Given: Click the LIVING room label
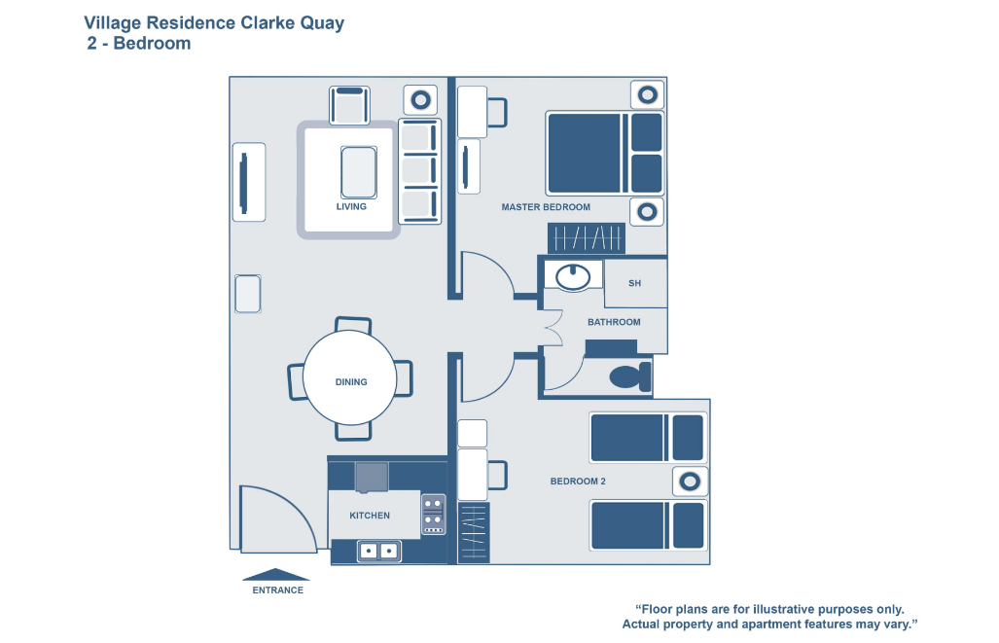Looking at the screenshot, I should point(351,206).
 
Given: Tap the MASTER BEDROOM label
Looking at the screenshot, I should point(546,207).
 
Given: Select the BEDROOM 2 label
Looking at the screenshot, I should point(578,482).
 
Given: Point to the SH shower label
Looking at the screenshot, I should point(635,283).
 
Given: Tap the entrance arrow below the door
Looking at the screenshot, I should point(275,574).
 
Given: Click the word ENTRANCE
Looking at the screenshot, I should point(277,590).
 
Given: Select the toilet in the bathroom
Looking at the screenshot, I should point(627,376).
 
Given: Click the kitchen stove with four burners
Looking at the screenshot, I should point(433,515).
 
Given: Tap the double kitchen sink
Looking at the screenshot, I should point(378,551).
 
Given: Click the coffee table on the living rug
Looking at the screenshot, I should point(357,172).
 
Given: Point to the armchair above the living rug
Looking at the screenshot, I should point(350,104).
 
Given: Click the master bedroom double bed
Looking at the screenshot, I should point(603,153).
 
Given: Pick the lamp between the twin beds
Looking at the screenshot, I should point(689,481).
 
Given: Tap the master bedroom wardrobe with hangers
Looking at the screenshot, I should point(586,237).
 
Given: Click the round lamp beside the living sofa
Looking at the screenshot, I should point(420,99).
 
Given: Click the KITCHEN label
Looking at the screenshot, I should point(370,516).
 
